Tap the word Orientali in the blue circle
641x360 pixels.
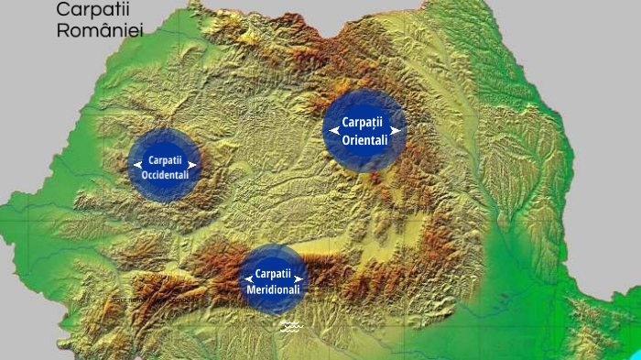tap(364, 140)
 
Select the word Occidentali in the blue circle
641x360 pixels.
tap(165, 174)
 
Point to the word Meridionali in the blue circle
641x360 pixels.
tap(273, 289)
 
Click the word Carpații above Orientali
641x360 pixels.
tap(364, 123)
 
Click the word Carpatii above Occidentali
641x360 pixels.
tap(165, 160)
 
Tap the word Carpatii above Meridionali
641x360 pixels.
tap(273, 274)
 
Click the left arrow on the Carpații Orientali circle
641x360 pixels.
tap(335, 131)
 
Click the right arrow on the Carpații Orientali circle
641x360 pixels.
tap(395, 131)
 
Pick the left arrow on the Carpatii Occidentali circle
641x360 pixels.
tap(137, 165)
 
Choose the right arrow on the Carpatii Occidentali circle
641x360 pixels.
tap(192, 165)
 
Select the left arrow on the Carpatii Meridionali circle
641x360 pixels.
tap(248, 278)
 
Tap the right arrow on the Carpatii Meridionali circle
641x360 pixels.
tap(298, 278)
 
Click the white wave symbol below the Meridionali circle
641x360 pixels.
tap(292, 327)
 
